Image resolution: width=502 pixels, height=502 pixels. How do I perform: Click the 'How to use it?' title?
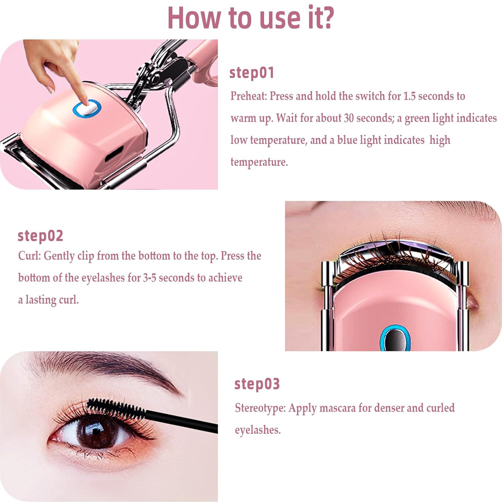point(251,17)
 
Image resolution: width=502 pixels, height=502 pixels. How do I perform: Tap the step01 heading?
point(252,73)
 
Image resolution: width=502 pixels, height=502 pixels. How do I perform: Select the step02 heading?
point(40,236)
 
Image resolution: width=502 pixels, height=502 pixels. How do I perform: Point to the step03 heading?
point(257,384)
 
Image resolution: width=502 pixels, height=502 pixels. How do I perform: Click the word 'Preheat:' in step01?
point(249,96)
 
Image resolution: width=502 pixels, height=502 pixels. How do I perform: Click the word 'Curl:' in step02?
point(29,256)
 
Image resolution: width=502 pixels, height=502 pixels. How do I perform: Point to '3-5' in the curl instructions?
point(150,278)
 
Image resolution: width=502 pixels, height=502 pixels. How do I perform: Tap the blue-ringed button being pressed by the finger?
point(87,108)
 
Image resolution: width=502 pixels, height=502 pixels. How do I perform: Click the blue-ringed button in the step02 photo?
point(395,338)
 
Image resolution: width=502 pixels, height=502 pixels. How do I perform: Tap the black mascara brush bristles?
point(115,408)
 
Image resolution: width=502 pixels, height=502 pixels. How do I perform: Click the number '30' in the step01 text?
point(349,118)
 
